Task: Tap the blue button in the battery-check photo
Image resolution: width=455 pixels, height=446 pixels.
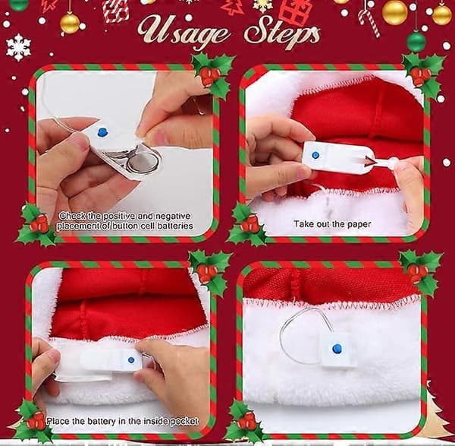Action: tap(102, 133)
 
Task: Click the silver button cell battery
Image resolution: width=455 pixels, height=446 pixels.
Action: tap(143, 163)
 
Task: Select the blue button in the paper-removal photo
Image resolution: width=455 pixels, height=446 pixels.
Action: tap(315, 155)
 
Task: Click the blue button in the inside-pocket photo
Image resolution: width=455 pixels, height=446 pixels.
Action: tap(131, 360)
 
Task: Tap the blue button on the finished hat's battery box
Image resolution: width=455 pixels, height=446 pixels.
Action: tap(337, 348)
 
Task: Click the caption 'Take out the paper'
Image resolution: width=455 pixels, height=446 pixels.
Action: tap(332, 224)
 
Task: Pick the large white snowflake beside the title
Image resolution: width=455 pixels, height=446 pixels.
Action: tap(18, 48)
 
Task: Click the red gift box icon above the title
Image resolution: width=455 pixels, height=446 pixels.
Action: tap(296, 11)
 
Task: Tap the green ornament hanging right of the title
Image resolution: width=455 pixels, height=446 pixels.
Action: tap(416, 42)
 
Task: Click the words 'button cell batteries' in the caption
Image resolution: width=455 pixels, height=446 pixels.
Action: tap(152, 226)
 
